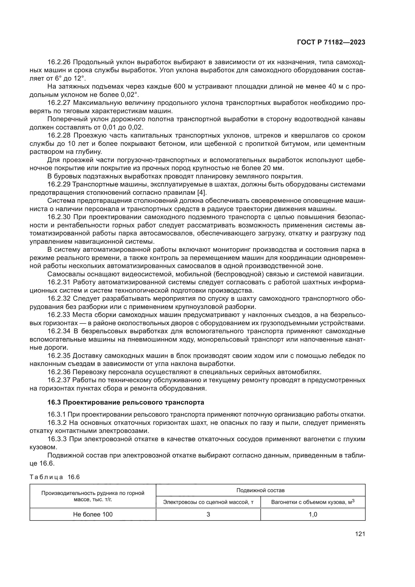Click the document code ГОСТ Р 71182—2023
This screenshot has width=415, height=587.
point(331,42)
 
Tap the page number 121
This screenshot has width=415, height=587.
point(360,534)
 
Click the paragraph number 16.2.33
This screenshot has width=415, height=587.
point(60,315)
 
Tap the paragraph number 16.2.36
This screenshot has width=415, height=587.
point(60,372)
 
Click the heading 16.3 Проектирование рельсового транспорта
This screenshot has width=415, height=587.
point(126,402)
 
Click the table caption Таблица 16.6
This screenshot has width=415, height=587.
point(55,477)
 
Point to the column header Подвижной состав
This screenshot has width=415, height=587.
point(260,490)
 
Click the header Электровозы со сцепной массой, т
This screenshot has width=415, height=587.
point(208,502)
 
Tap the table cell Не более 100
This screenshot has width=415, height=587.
point(93,514)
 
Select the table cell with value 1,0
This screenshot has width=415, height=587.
point(313,514)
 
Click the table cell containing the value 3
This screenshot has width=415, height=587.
point(208,514)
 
